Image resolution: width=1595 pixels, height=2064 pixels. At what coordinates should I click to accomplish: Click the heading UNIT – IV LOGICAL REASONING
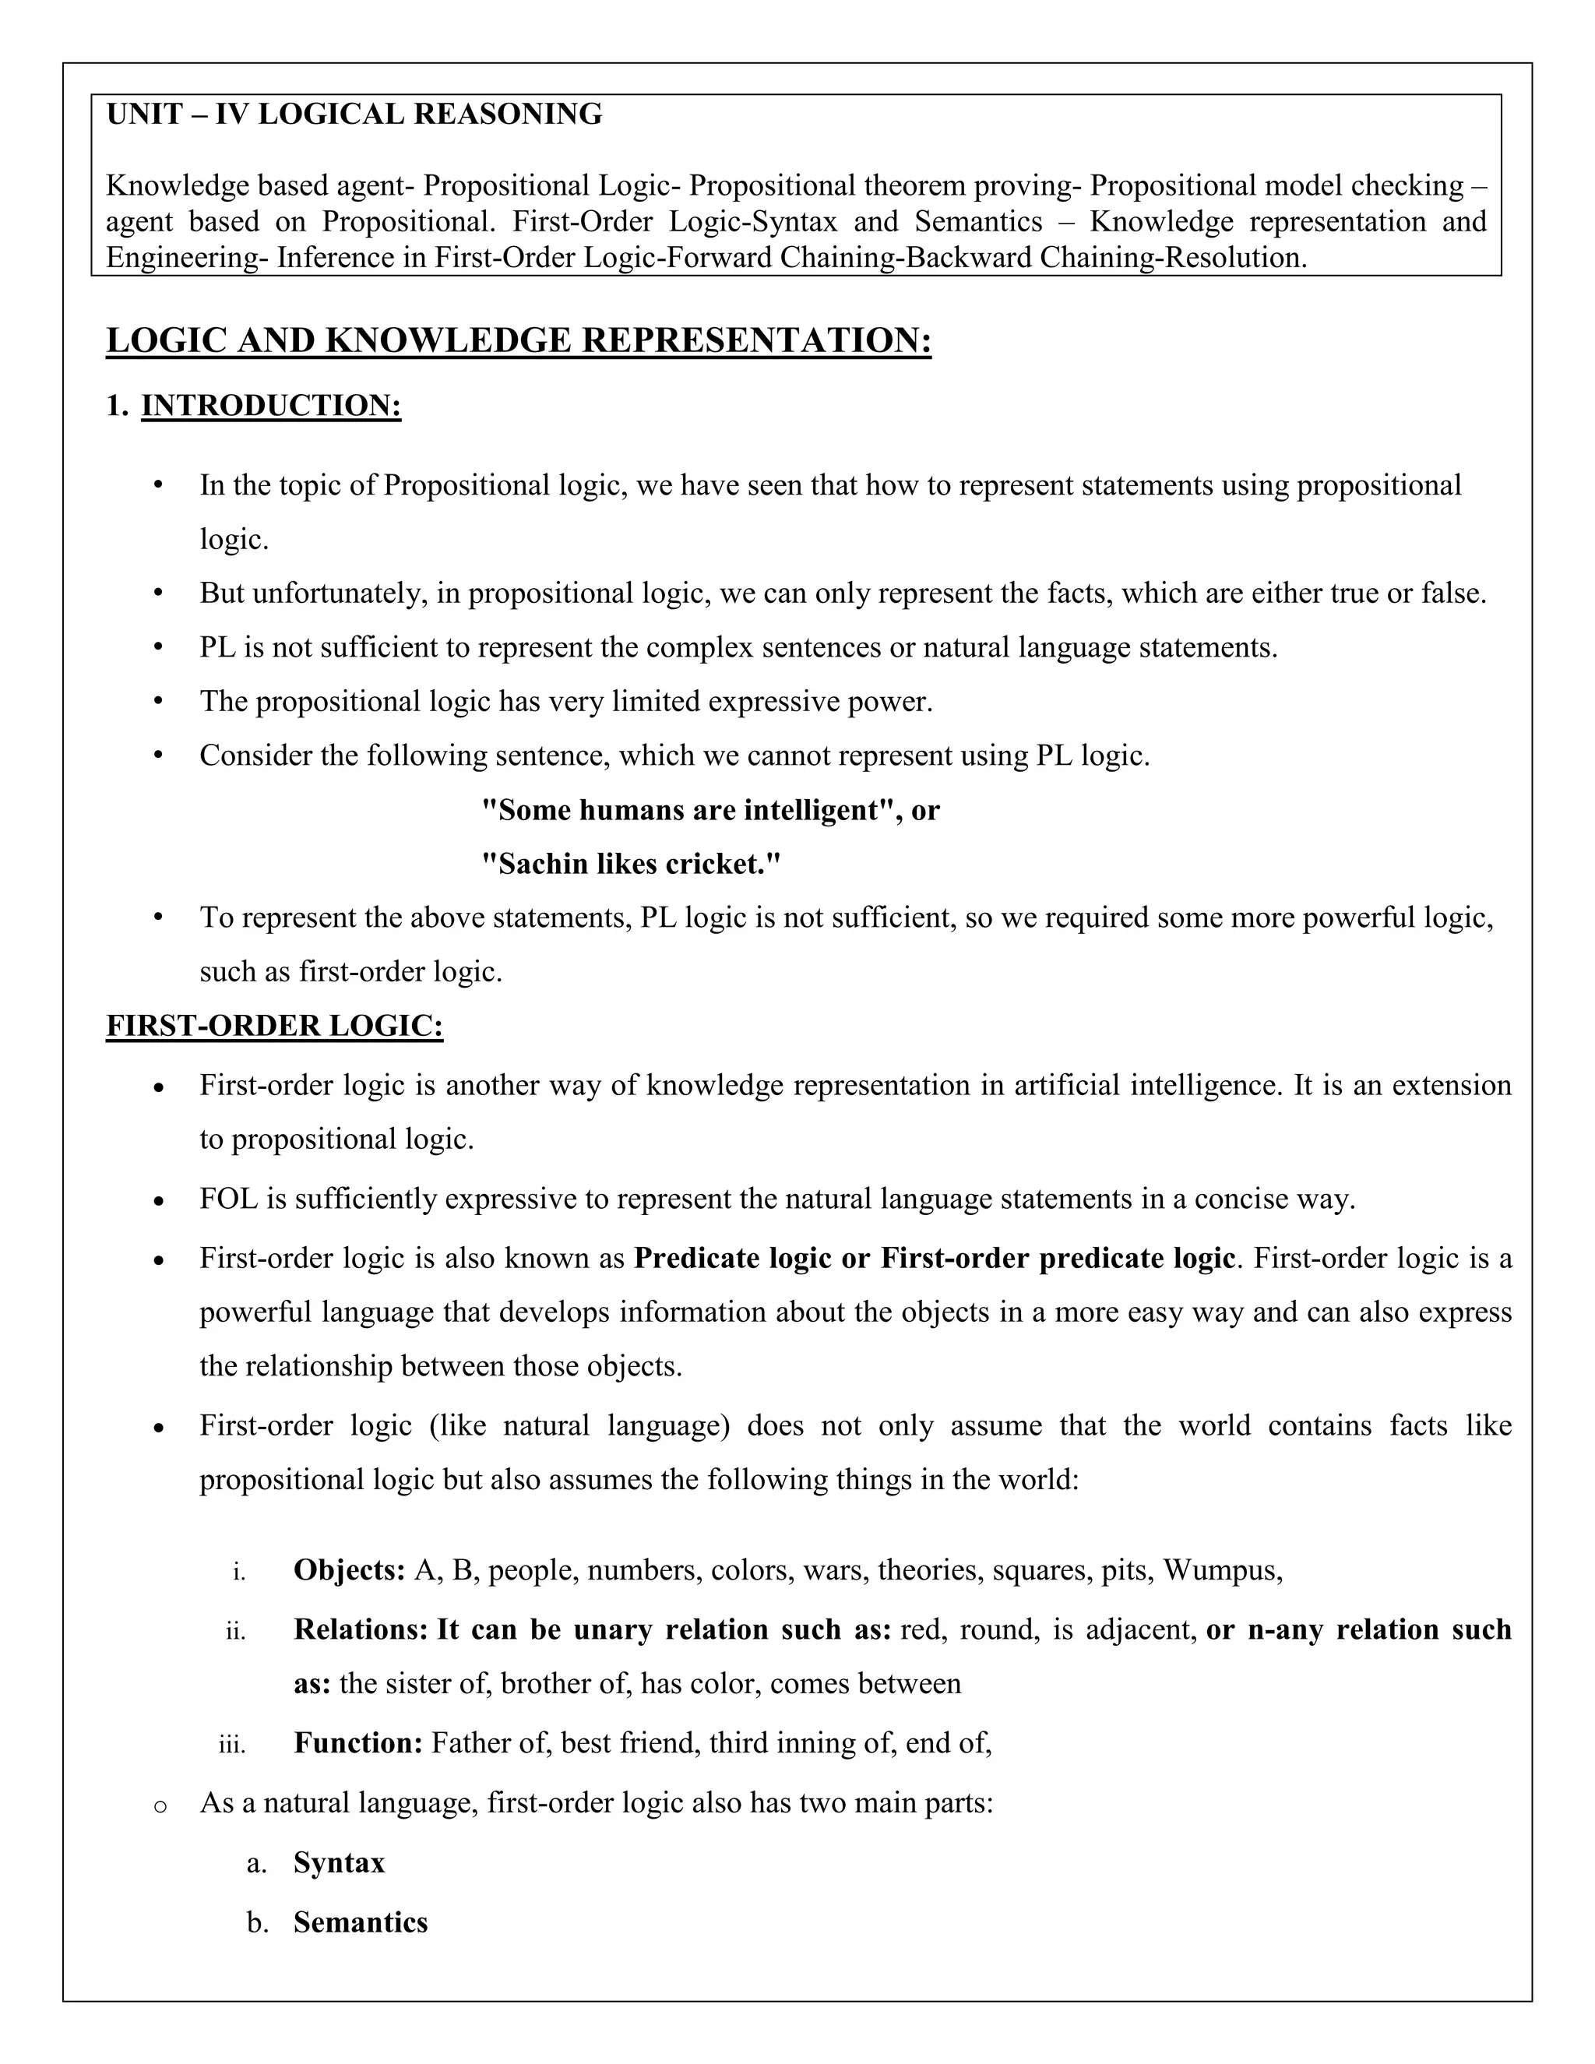[354, 114]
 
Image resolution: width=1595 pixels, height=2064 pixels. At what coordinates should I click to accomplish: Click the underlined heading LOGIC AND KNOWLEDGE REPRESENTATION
[519, 340]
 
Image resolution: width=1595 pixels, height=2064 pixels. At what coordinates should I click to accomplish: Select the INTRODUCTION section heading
[271, 406]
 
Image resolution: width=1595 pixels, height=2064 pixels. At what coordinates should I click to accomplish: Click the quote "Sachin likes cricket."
[631, 864]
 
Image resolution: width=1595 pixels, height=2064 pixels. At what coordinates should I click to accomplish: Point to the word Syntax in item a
[340, 1863]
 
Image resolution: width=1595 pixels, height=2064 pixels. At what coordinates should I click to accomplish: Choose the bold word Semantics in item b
[361, 1922]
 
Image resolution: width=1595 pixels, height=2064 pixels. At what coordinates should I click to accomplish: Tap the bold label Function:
[358, 1742]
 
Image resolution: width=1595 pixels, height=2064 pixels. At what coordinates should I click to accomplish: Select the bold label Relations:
[361, 1629]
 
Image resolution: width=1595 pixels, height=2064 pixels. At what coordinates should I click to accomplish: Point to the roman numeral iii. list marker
[232, 1745]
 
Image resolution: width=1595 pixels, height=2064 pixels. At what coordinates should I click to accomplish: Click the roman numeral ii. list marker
[236, 1631]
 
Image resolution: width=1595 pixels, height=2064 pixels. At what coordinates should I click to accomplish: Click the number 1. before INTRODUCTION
[117, 406]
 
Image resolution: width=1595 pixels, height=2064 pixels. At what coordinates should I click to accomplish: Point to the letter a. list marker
[256, 1864]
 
